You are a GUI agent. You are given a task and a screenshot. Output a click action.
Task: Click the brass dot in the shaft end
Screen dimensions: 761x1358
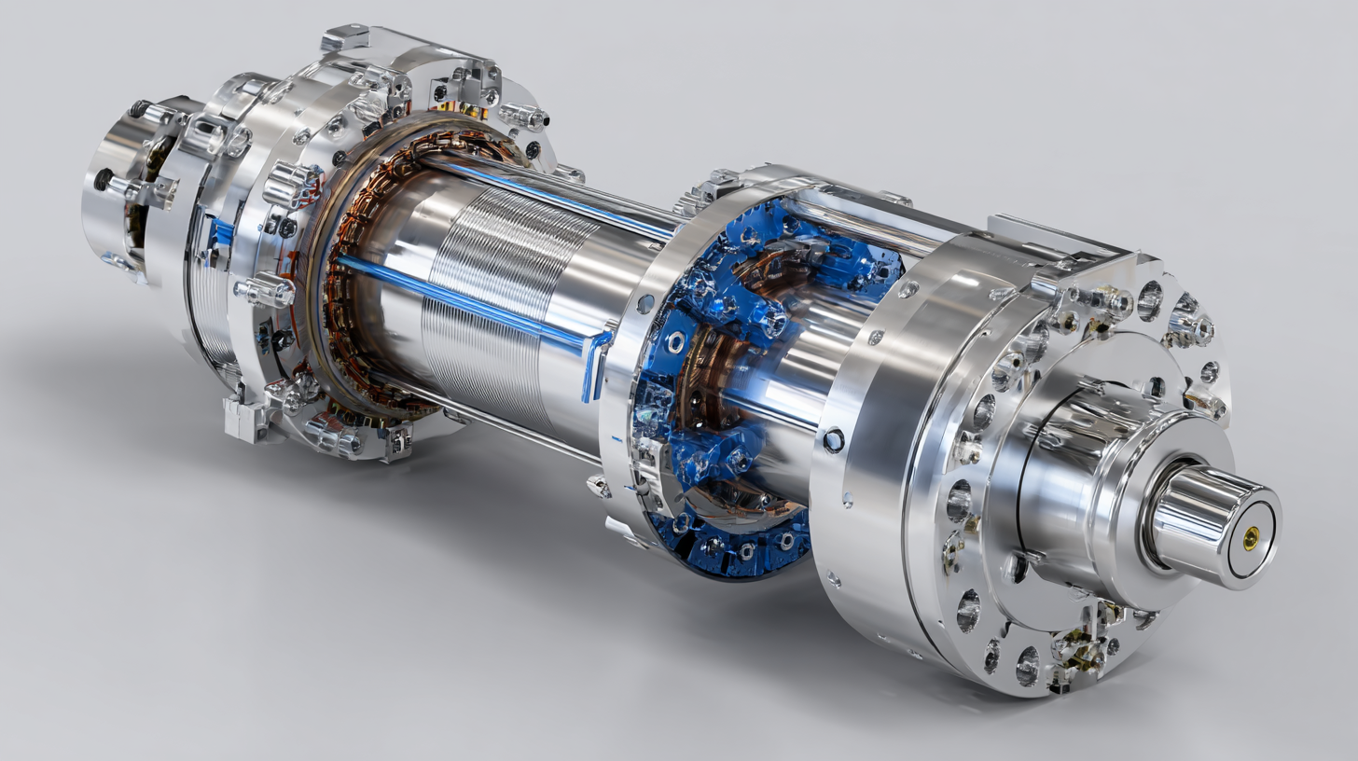click(1252, 535)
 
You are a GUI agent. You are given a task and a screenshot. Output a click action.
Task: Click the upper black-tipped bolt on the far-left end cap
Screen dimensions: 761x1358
click(140, 109)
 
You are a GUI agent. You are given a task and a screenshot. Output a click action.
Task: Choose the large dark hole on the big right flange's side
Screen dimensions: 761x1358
click(833, 439)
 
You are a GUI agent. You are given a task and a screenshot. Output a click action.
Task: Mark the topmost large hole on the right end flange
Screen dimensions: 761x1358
click(1149, 300)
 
